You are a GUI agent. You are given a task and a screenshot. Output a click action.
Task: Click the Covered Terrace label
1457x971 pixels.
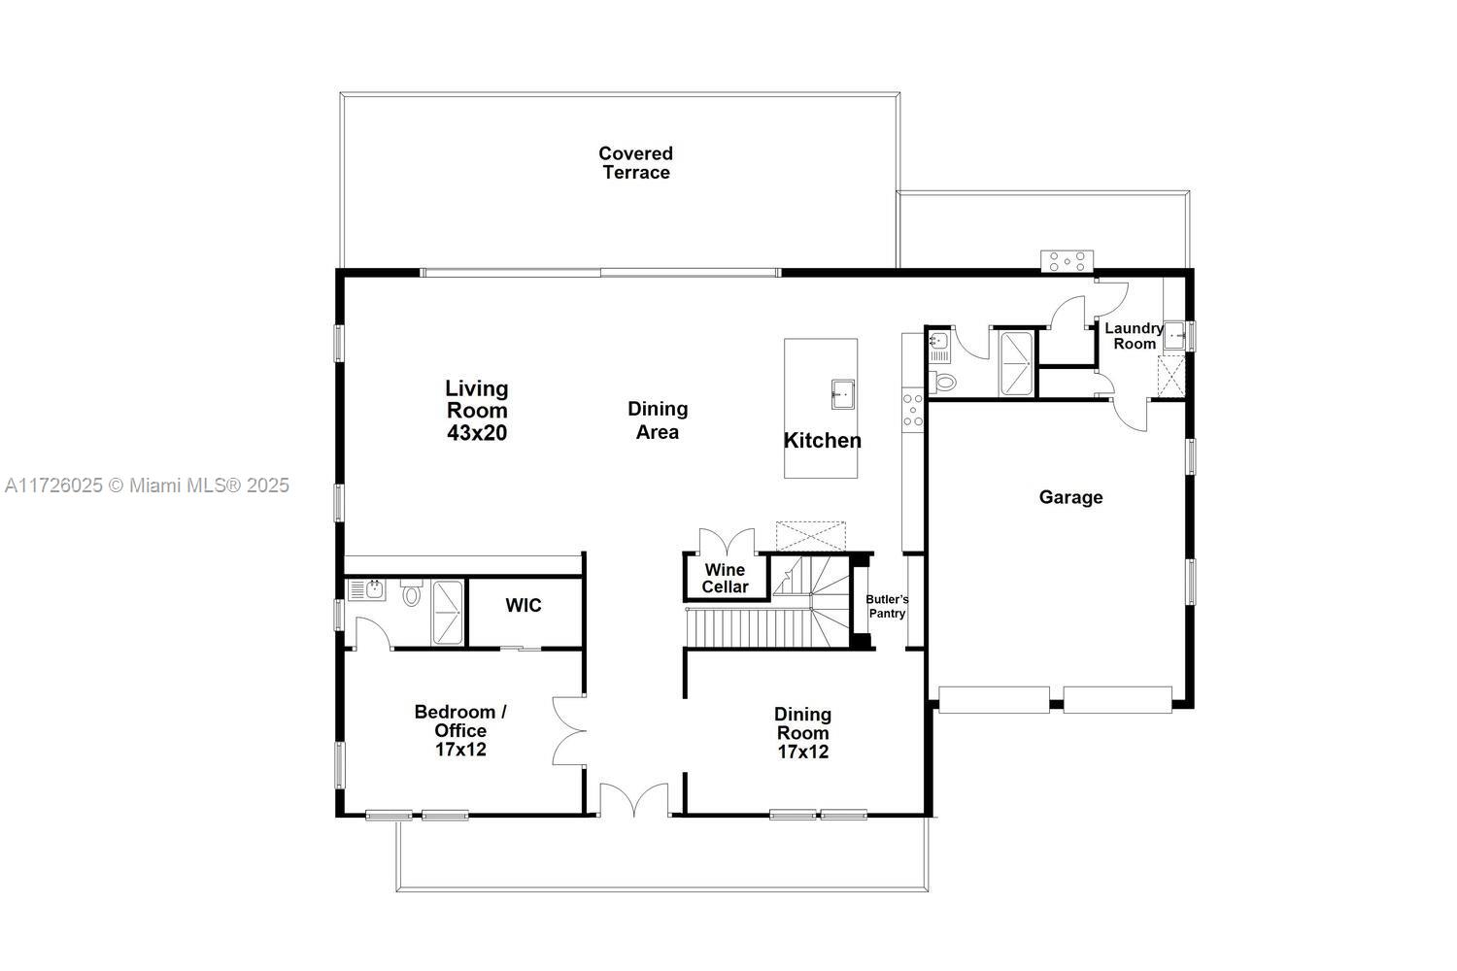[635, 163]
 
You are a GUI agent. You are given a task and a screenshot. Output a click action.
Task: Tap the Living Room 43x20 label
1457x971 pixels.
[477, 411]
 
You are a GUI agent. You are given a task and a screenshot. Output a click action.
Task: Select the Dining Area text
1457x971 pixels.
[658, 420]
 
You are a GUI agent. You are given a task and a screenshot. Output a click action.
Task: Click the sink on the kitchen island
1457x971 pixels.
[842, 394]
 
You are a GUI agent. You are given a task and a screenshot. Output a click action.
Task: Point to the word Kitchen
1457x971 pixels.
[822, 441]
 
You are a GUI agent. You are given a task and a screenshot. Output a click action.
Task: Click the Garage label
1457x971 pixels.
[1070, 497]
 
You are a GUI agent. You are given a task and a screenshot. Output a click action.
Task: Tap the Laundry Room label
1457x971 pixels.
[1134, 336]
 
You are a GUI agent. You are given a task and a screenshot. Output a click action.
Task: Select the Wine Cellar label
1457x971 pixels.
[726, 579]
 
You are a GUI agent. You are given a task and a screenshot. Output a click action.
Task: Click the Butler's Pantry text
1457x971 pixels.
[887, 606]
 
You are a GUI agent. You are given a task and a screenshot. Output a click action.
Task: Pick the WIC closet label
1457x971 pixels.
[524, 606]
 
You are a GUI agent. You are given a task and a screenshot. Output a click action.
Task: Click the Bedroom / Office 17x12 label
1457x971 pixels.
[460, 730]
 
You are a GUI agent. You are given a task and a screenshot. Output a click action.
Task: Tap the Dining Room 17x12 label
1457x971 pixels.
[802, 732]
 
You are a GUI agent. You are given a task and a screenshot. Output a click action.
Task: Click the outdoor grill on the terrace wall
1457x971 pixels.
[1067, 260]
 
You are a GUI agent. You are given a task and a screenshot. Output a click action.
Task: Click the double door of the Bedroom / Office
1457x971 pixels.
[568, 730]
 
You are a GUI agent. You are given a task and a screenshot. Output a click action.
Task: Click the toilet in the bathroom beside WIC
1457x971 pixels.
[412, 594]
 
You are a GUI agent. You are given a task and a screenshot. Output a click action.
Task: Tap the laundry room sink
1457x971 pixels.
[1174, 336]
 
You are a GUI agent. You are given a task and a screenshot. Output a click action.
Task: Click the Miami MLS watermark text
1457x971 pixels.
[147, 485]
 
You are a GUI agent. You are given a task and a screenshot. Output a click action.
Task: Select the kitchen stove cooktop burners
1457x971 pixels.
[913, 409]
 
